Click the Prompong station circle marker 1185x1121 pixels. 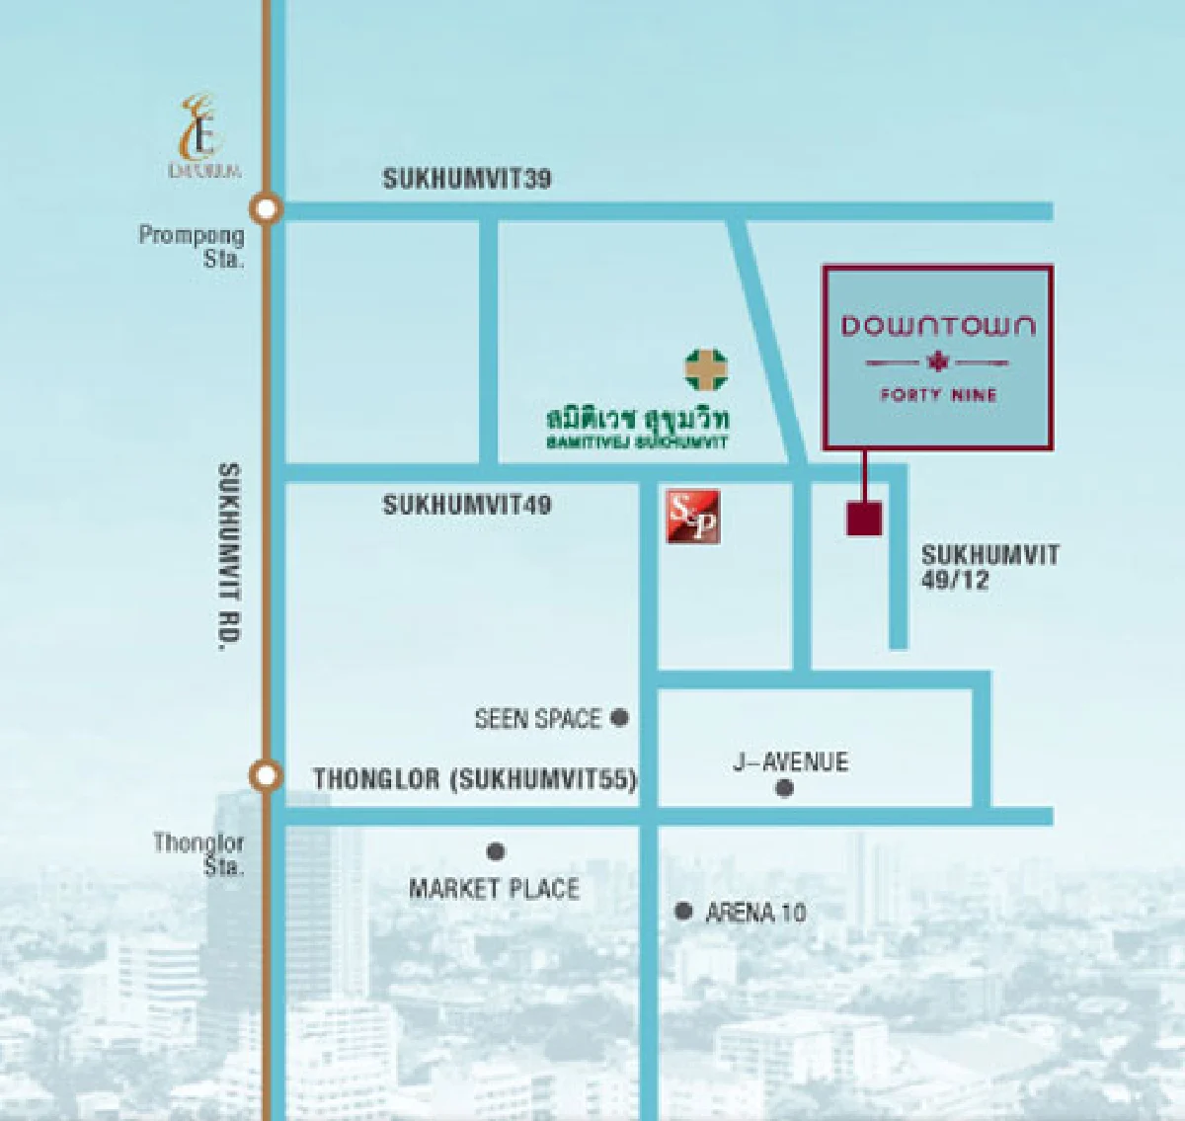point(266,208)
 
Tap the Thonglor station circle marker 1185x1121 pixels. point(265,775)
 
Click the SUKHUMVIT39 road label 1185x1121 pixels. point(466,179)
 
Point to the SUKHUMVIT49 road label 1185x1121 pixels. point(466,505)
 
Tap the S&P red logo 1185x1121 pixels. point(693,517)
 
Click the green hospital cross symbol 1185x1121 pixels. point(706,369)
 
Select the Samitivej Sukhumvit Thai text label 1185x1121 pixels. point(637,418)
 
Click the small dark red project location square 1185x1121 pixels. point(864,519)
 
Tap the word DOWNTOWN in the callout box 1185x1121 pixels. point(937,326)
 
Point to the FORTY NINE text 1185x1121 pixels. point(938,395)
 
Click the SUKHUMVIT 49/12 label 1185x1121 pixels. point(988,567)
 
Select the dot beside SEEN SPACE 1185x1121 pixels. point(619,718)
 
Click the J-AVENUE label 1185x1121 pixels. point(790,761)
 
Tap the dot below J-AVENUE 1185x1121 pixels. point(784,788)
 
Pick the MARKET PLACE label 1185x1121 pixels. point(494,889)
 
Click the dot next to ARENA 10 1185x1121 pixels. point(682,911)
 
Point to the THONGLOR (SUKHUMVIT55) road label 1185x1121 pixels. point(474,779)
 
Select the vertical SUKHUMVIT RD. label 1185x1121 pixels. point(228,557)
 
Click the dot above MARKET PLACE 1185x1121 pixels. point(496,851)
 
